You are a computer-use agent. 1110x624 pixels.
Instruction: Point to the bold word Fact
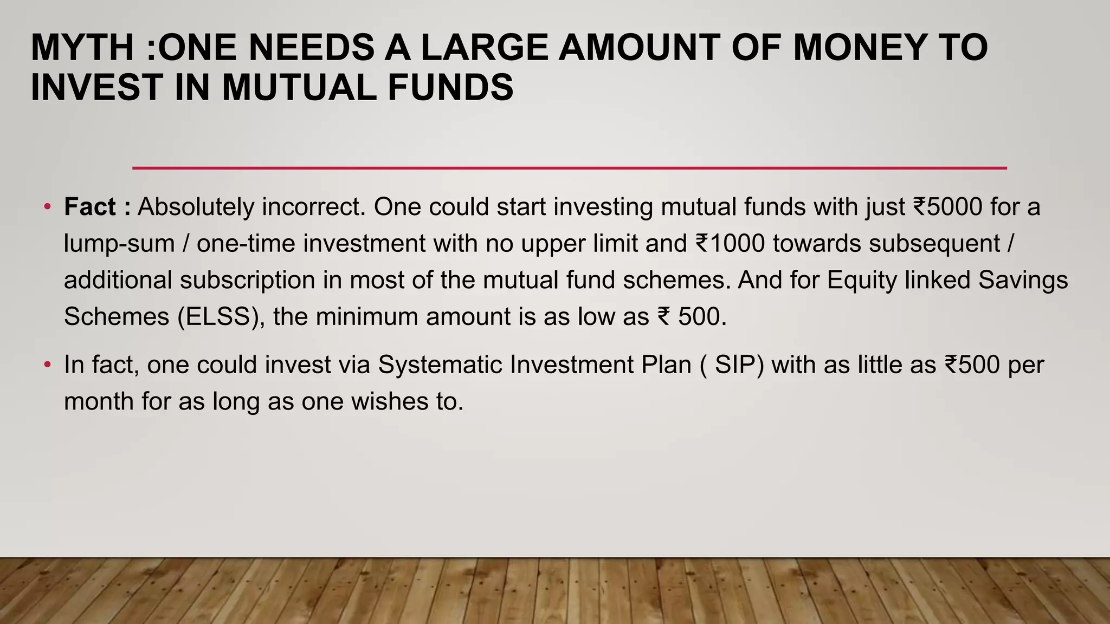click(x=89, y=207)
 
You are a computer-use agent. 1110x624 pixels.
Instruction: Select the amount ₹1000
click(x=730, y=243)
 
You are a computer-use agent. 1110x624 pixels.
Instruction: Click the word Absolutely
click(x=196, y=207)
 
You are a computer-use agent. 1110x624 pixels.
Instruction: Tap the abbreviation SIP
click(x=739, y=365)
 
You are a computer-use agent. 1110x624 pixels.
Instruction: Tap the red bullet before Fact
click(x=48, y=207)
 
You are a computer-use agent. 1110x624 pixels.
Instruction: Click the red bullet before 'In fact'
click(x=48, y=365)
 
